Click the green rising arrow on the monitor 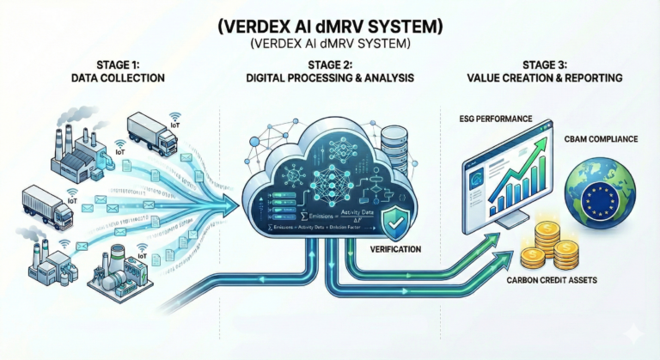click(x=527, y=172)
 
